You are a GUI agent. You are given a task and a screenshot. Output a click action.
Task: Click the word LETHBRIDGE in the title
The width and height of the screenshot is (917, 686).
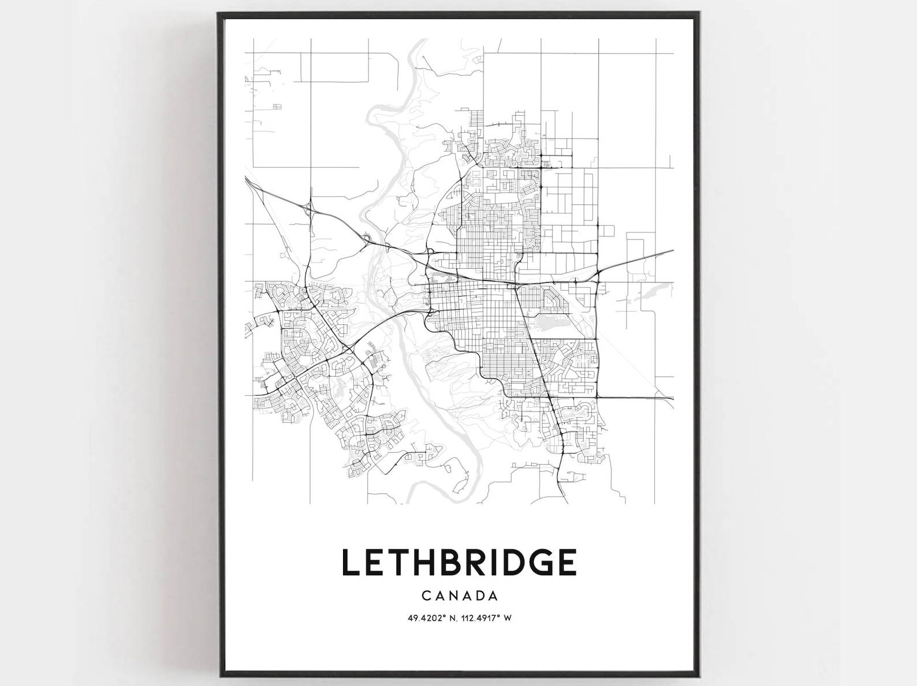pyautogui.click(x=459, y=562)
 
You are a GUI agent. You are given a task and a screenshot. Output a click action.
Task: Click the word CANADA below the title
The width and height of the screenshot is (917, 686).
pyautogui.click(x=460, y=595)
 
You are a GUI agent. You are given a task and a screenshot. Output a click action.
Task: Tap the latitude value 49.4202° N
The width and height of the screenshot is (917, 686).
pyautogui.click(x=431, y=618)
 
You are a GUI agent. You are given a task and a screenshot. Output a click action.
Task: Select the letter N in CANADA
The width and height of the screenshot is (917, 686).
pyautogui.click(x=453, y=595)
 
